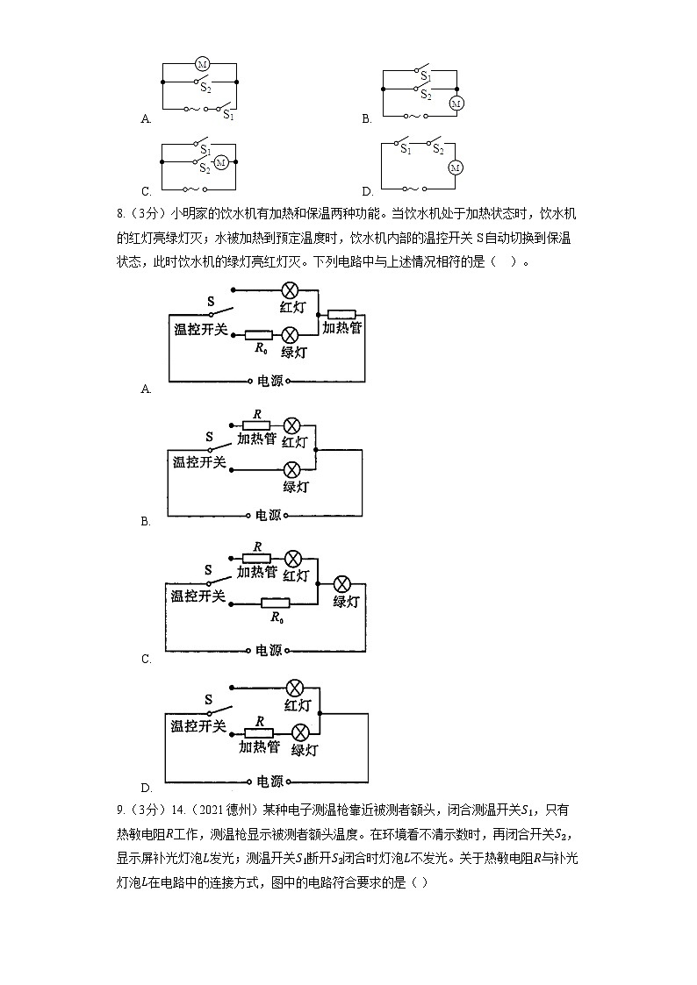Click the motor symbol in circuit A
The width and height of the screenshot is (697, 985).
pyautogui.click(x=201, y=63)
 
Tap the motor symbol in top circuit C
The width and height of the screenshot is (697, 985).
pyautogui.click(x=221, y=162)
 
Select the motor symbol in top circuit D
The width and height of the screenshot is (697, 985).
pyautogui.click(x=455, y=167)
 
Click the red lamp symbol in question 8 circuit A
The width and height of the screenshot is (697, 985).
pyautogui.click(x=290, y=291)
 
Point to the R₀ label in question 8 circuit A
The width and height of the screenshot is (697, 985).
pyautogui.click(x=259, y=349)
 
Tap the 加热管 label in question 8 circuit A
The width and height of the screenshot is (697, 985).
pyautogui.click(x=341, y=327)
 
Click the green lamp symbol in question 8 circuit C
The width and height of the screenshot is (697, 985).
pyautogui.click(x=343, y=584)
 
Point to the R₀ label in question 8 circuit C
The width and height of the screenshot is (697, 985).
pyautogui.click(x=277, y=617)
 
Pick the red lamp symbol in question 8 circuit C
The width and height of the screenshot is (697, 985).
pyautogui.click(x=293, y=559)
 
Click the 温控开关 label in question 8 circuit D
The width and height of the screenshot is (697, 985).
pyautogui.click(x=198, y=725)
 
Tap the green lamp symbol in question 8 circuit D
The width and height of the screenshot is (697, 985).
pyautogui.click(x=301, y=732)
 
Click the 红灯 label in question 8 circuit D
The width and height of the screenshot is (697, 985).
pyautogui.click(x=298, y=704)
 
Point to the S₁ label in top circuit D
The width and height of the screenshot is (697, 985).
pyautogui.click(x=406, y=150)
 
